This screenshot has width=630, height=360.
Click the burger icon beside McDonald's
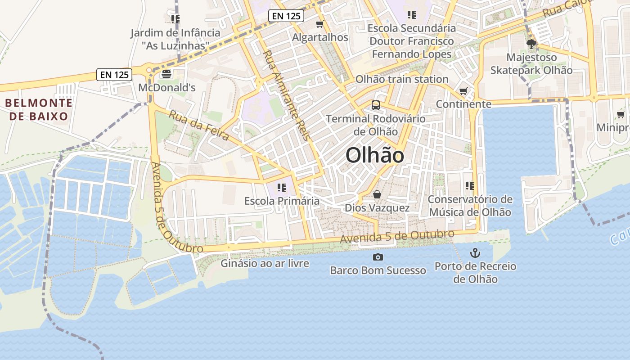click(x=166, y=74)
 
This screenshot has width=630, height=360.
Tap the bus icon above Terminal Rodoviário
click(x=376, y=106)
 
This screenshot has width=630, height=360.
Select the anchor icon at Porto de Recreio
click(x=475, y=253)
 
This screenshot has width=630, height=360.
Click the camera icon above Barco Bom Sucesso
click(x=378, y=257)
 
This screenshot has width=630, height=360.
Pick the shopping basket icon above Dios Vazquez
click(x=377, y=194)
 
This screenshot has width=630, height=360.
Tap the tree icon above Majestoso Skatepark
click(x=531, y=44)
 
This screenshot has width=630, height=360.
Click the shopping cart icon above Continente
click(x=463, y=91)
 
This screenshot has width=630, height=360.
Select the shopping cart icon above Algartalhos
click(x=320, y=24)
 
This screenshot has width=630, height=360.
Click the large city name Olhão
click(x=375, y=156)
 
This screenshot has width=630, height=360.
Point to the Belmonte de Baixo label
click(x=39, y=109)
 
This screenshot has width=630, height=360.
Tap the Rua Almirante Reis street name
click(x=287, y=95)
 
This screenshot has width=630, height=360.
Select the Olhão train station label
click(x=402, y=79)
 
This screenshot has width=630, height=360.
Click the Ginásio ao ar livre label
click(x=265, y=263)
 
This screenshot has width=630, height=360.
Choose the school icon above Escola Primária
click(x=282, y=187)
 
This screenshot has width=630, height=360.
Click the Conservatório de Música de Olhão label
click(x=470, y=206)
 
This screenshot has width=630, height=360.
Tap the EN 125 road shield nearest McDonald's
click(x=114, y=75)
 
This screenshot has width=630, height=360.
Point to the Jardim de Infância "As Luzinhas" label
click(x=175, y=39)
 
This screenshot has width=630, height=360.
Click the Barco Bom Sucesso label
click(x=378, y=270)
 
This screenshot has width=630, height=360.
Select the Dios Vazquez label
click(x=377, y=208)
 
